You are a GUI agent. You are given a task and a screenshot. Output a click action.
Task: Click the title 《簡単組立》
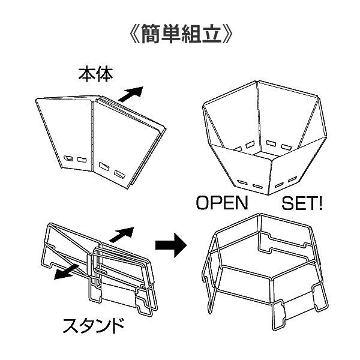[x=181, y=31]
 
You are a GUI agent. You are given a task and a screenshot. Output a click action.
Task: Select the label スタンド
[x=94, y=327]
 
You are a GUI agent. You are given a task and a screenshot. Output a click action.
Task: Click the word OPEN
[x=222, y=203]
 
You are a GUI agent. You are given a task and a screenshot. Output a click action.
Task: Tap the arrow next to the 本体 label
[x=131, y=94]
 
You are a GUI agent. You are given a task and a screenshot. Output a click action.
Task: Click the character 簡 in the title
[x=153, y=31]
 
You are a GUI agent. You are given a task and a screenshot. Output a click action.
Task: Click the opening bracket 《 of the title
[x=133, y=31]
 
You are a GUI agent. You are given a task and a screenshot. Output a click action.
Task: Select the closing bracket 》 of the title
[x=228, y=31]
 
